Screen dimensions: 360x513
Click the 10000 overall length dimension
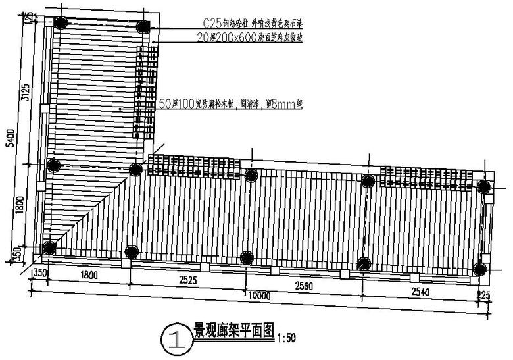click(x=260, y=296)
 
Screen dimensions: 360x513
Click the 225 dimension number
click(x=485, y=295)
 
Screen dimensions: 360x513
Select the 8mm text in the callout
click(x=276, y=104)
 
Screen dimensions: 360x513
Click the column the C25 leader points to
click(x=144, y=27)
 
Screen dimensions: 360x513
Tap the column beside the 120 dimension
click(x=61, y=22)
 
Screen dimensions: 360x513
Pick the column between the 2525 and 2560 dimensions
click(x=247, y=257)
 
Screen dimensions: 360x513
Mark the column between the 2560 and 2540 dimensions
click(x=364, y=263)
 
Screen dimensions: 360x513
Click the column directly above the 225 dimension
click(x=481, y=269)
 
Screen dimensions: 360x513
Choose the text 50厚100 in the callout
click(x=178, y=104)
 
